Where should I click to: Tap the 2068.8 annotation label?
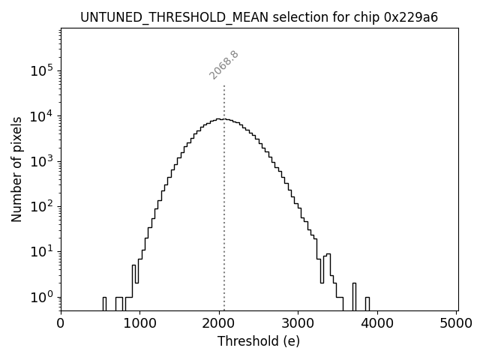point(224,64)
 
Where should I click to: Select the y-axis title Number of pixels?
point(16,169)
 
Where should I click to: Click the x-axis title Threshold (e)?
point(259,341)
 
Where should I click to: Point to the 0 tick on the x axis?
point(61,323)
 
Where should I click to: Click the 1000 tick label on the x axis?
point(140,323)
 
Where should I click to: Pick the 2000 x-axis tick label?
point(219,323)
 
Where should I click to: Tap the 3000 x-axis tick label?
point(298,323)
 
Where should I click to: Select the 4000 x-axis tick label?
point(377,323)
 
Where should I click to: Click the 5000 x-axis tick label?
point(457,323)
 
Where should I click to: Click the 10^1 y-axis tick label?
point(42,251)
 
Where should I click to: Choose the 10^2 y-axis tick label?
point(42,206)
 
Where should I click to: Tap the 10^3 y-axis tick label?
point(42,160)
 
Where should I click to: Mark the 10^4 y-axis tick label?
point(42,115)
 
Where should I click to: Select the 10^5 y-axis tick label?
point(42,70)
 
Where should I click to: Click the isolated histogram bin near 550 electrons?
point(104,303)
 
